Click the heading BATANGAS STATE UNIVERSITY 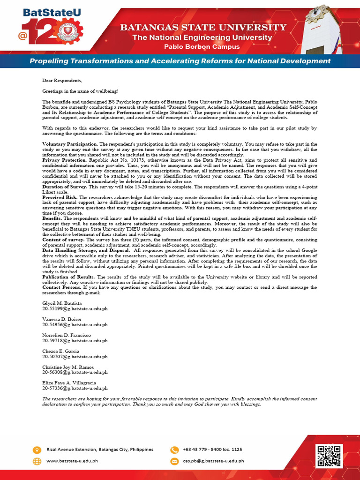coord(202,28)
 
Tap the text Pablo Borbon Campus coord(202,46)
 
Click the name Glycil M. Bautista coord(62,304)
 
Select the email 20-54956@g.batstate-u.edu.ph coord(75,324)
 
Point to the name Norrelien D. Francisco coord(67,335)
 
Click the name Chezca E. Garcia coord(60,351)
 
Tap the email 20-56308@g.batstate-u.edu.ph coord(75,372)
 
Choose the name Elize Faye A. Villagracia coord(69,383)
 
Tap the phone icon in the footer coord(174,450)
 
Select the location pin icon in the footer coord(37,450)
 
